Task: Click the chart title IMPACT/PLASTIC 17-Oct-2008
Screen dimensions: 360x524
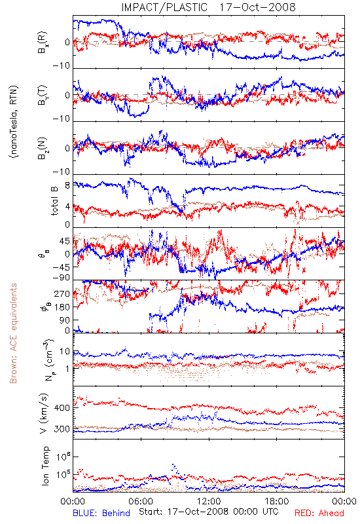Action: point(208,7)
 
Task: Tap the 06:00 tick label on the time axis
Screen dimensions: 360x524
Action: point(141,501)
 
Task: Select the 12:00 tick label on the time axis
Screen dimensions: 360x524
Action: point(209,501)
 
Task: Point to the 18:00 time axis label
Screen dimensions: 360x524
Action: point(277,501)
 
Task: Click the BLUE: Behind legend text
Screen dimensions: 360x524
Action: point(101,513)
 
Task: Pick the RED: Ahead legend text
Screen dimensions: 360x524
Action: point(319,513)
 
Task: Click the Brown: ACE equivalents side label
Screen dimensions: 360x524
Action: point(13,333)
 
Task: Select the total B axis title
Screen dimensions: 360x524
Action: point(54,201)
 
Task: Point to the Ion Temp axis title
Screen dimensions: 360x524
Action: point(45,466)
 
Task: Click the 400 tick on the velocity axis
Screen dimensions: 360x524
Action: point(62,407)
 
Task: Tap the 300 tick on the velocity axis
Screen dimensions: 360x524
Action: point(62,429)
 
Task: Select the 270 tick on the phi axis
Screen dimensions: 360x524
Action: point(62,293)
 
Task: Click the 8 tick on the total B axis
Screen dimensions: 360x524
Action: point(67,185)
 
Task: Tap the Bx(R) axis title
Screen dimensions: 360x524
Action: point(43,43)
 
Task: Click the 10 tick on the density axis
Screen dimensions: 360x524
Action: point(65,352)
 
